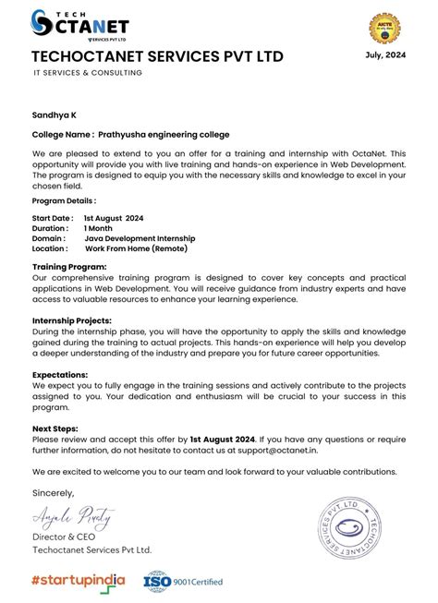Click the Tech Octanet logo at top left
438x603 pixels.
79,26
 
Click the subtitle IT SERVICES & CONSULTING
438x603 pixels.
87,73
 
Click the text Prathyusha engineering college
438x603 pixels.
164,135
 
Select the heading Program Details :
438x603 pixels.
64,200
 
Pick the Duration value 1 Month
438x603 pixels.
99,228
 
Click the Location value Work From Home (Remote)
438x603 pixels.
136,248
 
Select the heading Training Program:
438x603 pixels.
69,267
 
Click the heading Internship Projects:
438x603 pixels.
72,320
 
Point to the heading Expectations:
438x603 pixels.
60,374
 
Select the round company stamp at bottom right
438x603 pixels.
360,533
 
